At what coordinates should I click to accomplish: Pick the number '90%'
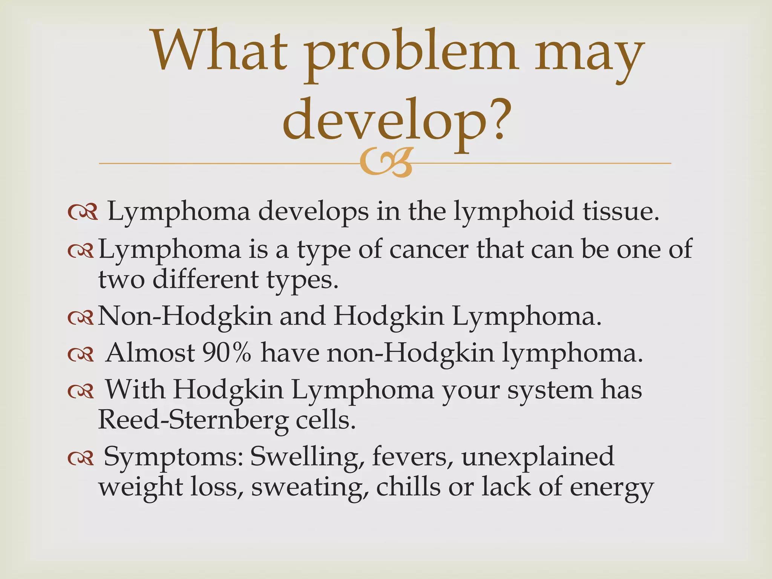click(227, 353)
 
